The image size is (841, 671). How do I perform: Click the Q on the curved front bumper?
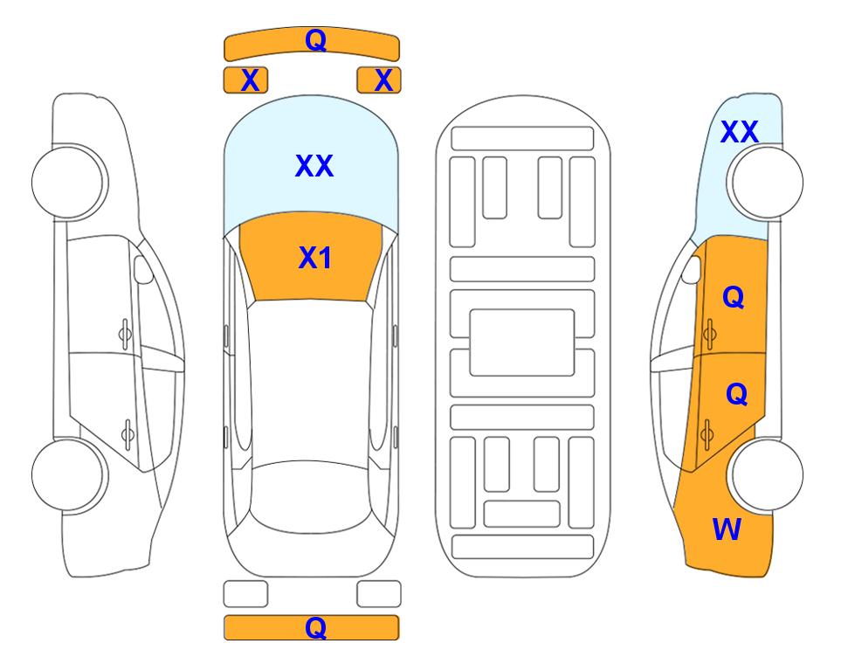[x=315, y=40]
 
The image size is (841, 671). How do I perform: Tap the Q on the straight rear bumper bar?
[x=315, y=627]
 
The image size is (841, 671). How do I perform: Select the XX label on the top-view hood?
[x=314, y=165]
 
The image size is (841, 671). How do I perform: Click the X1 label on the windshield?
[x=315, y=258]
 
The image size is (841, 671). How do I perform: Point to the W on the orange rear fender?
[x=727, y=529]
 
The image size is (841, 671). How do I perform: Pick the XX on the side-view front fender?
[x=740, y=132]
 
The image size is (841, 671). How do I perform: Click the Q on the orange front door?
[x=734, y=297]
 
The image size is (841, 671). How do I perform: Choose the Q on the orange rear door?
[x=736, y=395]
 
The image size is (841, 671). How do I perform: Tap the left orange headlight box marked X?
[x=245, y=80]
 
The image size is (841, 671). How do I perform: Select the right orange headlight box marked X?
[x=379, y=80]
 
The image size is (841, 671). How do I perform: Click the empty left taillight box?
[x=245, y=594]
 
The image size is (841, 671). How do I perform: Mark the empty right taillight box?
[x=379, y=594]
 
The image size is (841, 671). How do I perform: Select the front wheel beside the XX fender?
[x=765, y=183]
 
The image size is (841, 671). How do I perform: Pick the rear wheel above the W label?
[x=765, y=474]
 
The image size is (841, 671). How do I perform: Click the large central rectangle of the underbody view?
[x=522, y=342]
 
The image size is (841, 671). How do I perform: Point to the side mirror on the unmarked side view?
[x=142, y=269]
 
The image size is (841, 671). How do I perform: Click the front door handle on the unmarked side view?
[x=125, y=335]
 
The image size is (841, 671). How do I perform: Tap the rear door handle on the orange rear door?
[x=707, y=434]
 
